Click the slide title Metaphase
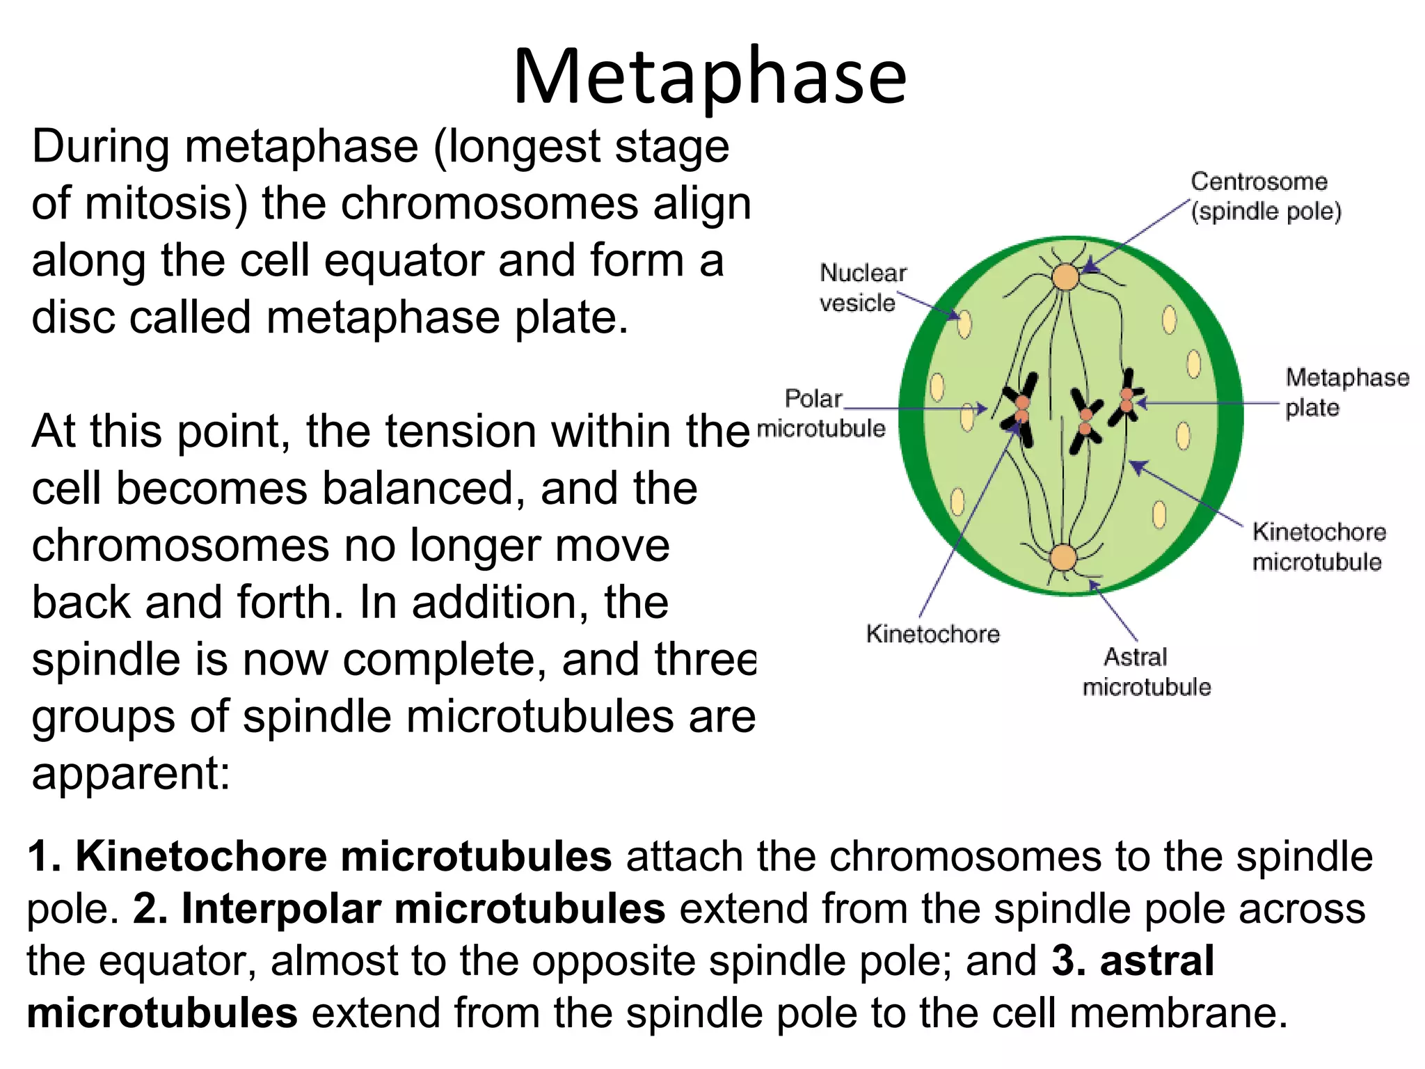point(710,77)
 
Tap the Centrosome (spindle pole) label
point(1265,196)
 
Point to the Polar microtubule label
point(821,413)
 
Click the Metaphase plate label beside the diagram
point(1346,392)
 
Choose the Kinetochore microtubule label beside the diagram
point(1319,547)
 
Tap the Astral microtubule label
point(1146,672)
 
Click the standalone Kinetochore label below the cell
point(932,634)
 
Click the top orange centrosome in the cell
point(1065,277)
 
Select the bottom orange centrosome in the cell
point(1063,557)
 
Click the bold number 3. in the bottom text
point(1069,961)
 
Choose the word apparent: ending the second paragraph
point(131,774)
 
